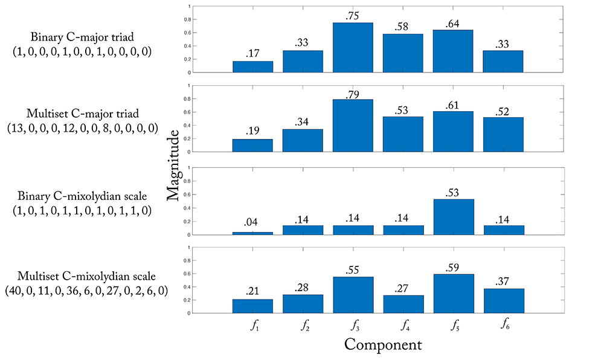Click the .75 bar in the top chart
pyautogui.click(x=353, y=48)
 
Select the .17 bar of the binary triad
pyautogui.click(x=252, y=66)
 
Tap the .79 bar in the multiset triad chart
pyautogui.click(x=353, y=126)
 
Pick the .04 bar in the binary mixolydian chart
pyautogui.click(x=252, y=233)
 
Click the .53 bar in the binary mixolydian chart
pyautogui.click(x=454, y=217)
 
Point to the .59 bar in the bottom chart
pyautogui.click(x=454, y=294)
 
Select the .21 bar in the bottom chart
pyautogui.click(x=252, y=306)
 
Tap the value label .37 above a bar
pyautogui.click(x=503, y=282)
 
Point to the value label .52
pyautogui.click(x=503, y=111)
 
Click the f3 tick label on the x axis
pyautogui.click(x=353, y=327)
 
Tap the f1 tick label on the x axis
pyautogui.click(x=253, y=327)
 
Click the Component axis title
pyautogui.click(x=383, y=346)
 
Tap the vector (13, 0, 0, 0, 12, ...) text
pyautogui.click(x=82, y=128)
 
